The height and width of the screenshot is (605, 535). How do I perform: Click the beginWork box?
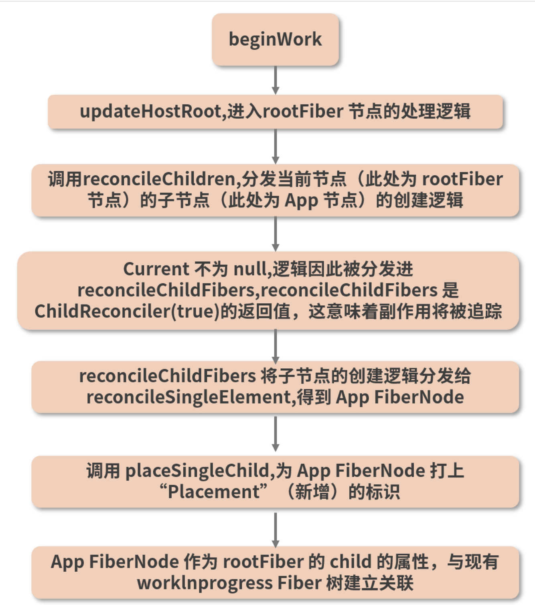[275, 39]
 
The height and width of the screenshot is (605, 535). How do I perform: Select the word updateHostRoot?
[151, 112]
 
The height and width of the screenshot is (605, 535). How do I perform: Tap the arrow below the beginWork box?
[276, 80]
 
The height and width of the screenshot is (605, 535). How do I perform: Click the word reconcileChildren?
[159, 179]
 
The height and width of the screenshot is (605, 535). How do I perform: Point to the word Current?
[156, 269]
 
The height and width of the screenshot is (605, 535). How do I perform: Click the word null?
[249, 269]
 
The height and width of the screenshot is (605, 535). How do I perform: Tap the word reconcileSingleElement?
[188, 398]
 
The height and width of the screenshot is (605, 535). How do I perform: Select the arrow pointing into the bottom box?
[276, 530]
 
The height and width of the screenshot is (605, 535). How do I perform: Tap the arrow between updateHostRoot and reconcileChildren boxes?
[276, 146]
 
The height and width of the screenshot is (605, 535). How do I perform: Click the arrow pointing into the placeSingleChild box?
[276, 434]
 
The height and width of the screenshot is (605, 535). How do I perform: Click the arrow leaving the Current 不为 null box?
[276, 347]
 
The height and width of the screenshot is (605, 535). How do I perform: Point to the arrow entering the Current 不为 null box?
[276, 234]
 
